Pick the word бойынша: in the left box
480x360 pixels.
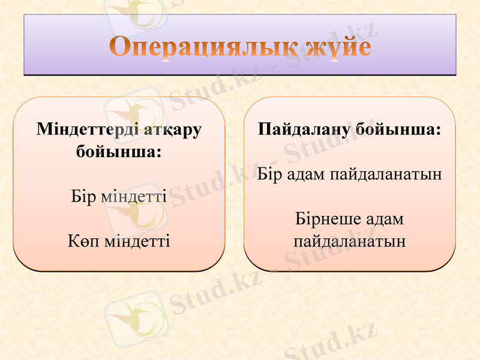[119, 151]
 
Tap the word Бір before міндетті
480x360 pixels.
[83, 196]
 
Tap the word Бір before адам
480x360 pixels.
[269, 174]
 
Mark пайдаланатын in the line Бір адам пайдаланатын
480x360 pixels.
[386, 174]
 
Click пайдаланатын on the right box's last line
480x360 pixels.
[350, 241]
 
